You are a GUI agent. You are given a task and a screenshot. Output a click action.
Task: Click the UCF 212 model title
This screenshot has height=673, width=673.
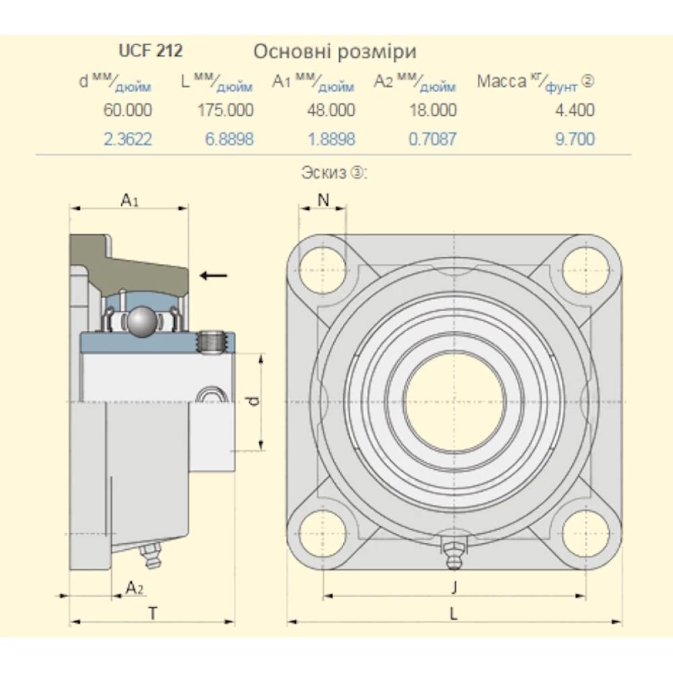pos(151,50)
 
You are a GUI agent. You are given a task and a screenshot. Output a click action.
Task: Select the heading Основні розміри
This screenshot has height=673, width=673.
pos(334,51)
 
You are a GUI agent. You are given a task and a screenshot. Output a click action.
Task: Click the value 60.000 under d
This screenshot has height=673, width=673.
pos(128,110)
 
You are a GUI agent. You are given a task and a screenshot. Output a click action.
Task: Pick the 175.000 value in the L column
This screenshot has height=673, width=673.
pos(225,110)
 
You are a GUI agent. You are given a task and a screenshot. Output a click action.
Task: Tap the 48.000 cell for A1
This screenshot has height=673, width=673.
pos(328,110)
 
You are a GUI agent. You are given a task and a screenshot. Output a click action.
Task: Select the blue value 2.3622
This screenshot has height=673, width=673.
pos(128,139)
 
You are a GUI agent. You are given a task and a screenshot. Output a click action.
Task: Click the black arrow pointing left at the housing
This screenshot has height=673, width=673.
pos(214,275)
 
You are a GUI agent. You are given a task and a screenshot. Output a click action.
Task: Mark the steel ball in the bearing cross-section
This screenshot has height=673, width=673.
pos(142,322)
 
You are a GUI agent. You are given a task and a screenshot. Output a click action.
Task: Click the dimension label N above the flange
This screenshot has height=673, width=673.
pos(323,199)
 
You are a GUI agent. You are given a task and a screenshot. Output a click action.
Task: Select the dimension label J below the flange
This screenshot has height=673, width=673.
pos(454,587)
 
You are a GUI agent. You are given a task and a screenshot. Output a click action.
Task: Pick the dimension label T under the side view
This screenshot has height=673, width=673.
pos(153,612)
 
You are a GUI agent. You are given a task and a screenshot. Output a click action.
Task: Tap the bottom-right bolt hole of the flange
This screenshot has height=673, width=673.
pos(585,534)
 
